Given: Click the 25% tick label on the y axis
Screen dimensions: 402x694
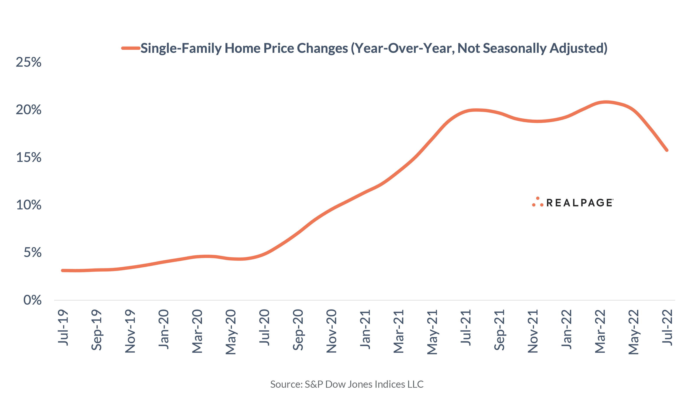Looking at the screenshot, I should click(x=29, y=62).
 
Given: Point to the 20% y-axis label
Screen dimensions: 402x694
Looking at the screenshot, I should click(x=29, y=110).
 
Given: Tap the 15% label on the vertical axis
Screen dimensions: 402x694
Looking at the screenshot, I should click(x=29, y=157).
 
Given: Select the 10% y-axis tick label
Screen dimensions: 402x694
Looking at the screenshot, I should click(x=29, y=205).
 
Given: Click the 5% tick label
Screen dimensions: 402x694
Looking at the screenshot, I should click(x=33, y=253).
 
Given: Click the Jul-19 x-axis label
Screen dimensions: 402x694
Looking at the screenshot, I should click(x=63, y=328).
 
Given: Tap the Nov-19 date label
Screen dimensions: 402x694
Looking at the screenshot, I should click(x=130, y=331).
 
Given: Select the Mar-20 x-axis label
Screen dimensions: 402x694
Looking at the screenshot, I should click(x=197, y=331).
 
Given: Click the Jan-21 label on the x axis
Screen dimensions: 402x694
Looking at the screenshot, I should click(x=365, y=329).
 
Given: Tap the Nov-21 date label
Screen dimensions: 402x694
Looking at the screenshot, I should click(x=533, y=331).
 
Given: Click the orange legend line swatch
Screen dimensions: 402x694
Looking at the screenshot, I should click(x=131, y=48).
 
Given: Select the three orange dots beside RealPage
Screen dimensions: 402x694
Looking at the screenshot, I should click(x=538, y=202).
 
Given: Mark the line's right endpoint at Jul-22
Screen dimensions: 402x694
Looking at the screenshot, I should click(x=667, y=150).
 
